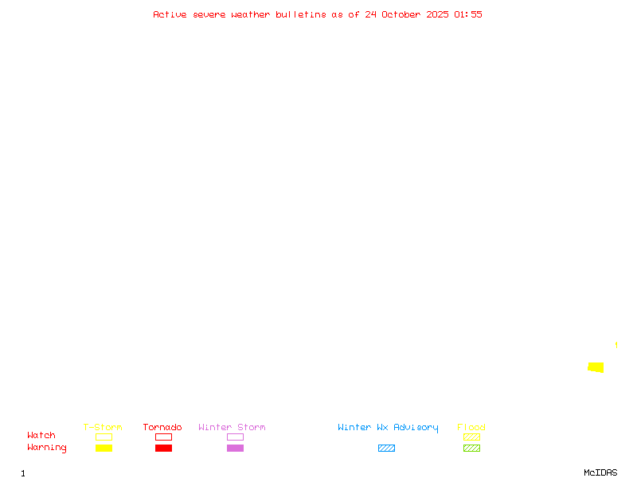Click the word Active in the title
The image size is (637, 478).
(170, 14)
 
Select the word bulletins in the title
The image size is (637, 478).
(301, 14)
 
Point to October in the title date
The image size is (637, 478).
(406, 14)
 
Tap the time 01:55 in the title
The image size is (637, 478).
(468, 14)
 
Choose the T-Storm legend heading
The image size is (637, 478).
(103, 427)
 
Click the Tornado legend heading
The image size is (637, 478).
(162, 427)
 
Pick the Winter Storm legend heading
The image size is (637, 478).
(232, 427)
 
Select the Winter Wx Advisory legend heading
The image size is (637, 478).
(388, 427)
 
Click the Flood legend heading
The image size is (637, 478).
(471, 427)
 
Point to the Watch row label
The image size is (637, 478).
(41, 436)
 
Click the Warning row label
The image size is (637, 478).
(47, 448)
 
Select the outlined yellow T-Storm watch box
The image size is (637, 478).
(104, 437)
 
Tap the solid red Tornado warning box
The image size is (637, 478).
(163, 448)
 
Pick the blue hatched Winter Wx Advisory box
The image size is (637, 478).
(386, 448)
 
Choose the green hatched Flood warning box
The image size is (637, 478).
(471, 448)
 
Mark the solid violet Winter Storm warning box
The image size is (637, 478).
(235, 448)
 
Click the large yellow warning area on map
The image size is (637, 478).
(596, 367)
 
